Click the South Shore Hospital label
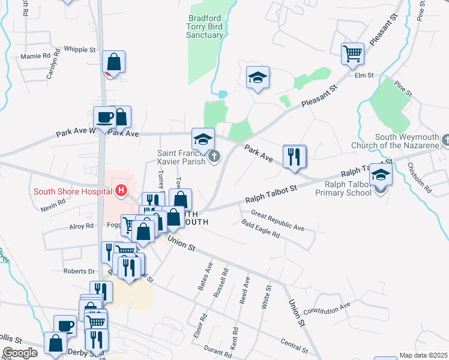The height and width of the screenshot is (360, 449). click(x=73, y=191)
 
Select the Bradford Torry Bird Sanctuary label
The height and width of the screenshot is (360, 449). click(x=206, y=26)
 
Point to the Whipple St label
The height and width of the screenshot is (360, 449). click(x=80, y=50)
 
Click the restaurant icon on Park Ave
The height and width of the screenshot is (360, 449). click(x=294, y=157)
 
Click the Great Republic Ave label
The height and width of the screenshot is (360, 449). click(x=278, y=220)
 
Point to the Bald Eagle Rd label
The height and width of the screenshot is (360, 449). click(x=261, y=230)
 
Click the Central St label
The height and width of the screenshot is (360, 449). click(x=294, y=345)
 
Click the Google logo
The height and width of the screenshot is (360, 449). click(x=20, y=353)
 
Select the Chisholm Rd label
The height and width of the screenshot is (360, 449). click(x=419, y=177)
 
